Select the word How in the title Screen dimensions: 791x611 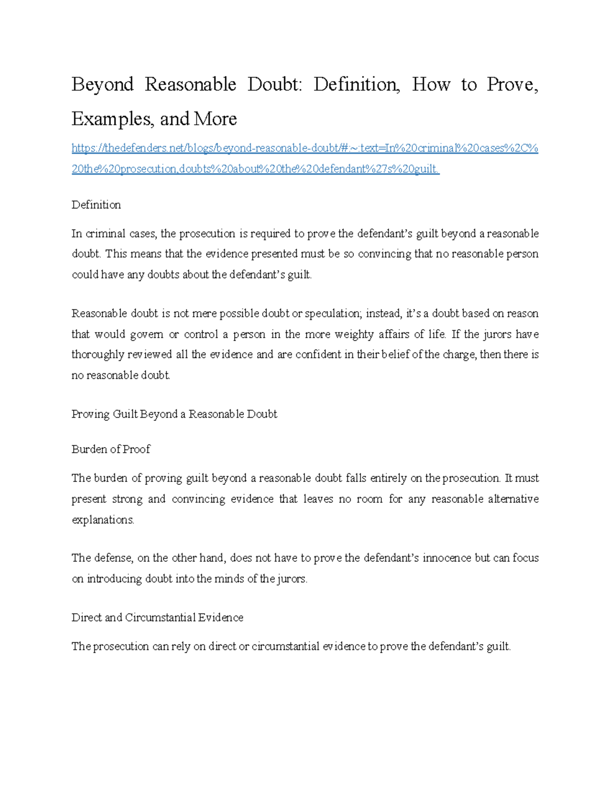[x=431, y=85]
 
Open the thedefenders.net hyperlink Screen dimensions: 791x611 [x=304, y=148]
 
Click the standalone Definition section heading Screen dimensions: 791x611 [x=96, y=205]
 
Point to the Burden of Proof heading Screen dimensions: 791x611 [x=111, y=449]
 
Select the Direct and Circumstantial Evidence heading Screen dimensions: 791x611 [x=157, y=617]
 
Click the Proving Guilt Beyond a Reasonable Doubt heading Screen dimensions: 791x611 [x=174, y=414]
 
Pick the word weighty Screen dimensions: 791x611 [x=355, y=334]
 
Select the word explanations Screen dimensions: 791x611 [x=103, y=520]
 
